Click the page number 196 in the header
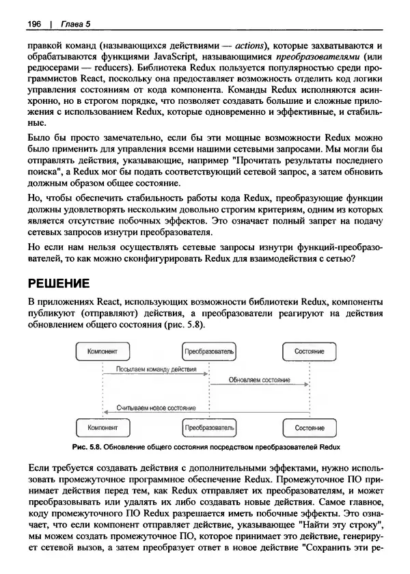point(35,25)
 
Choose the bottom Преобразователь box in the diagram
point(208,427)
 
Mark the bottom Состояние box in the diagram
point(309,427)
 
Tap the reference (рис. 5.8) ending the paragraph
point(183,325)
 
